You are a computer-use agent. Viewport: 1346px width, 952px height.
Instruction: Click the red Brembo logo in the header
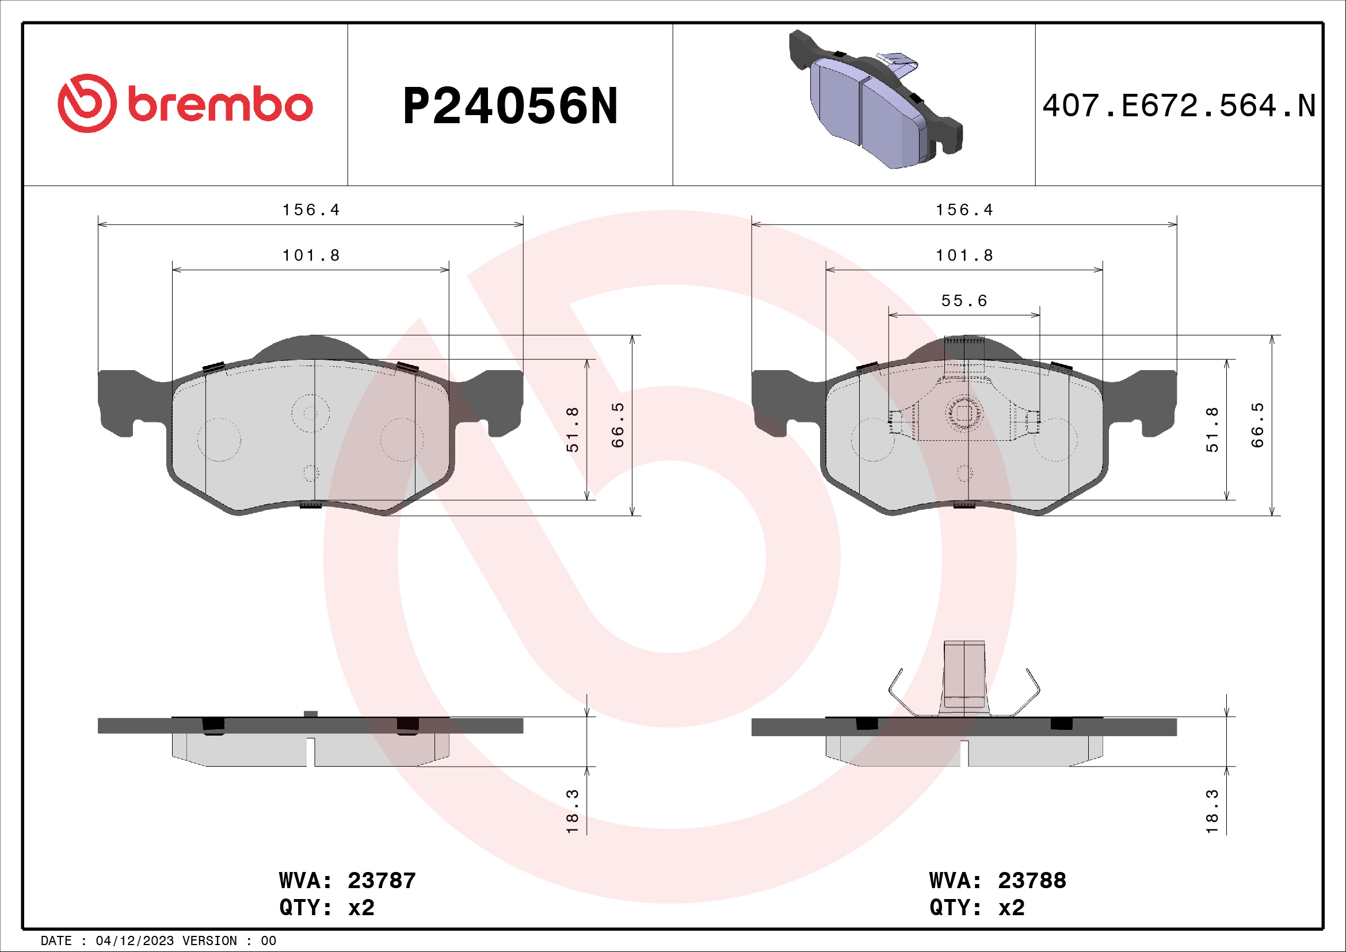point(185,104)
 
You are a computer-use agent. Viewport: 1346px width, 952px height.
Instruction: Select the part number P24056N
point(510,106)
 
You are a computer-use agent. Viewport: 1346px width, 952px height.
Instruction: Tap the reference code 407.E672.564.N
point(1179,106)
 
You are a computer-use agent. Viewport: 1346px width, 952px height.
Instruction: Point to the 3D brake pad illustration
point(876,100)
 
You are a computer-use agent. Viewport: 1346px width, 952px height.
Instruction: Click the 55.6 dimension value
point(964,300)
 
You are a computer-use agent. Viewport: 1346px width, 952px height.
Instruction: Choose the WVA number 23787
point(382,881)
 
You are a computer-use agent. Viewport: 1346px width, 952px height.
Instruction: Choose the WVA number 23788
point(1032,881)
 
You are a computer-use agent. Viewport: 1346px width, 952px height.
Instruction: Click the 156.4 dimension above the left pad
point(311,210)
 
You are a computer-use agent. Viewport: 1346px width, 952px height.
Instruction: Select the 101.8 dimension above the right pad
point(964,256)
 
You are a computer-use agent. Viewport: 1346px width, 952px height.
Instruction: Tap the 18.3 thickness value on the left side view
point(572,812)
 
